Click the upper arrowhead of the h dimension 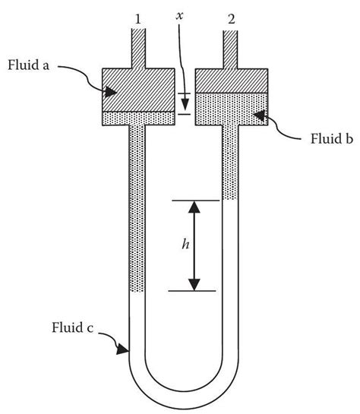[194, 207]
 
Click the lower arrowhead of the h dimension [194, 285]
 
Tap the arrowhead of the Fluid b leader [256, 115]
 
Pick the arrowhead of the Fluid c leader [122, 352]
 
